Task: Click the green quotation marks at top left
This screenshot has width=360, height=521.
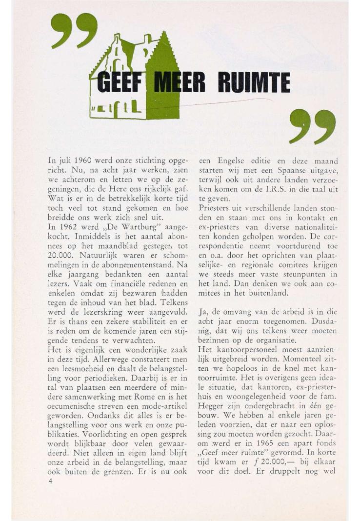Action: tap(74, 31)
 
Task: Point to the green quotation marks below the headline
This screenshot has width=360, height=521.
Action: tap(312, 126)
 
